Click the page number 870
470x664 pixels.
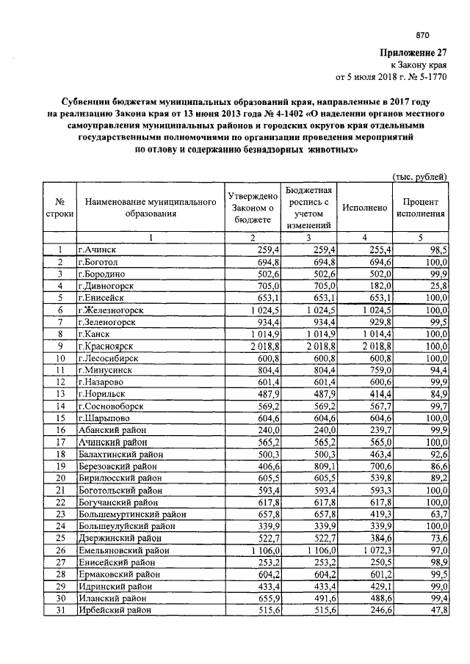click(422, 35)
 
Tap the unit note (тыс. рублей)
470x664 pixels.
click(419, 177)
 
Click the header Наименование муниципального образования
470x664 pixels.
click(150, 208)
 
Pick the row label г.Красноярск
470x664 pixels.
click(107, 345)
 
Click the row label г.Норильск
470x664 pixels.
click(103, 392)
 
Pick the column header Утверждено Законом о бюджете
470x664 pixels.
click(252, 208)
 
